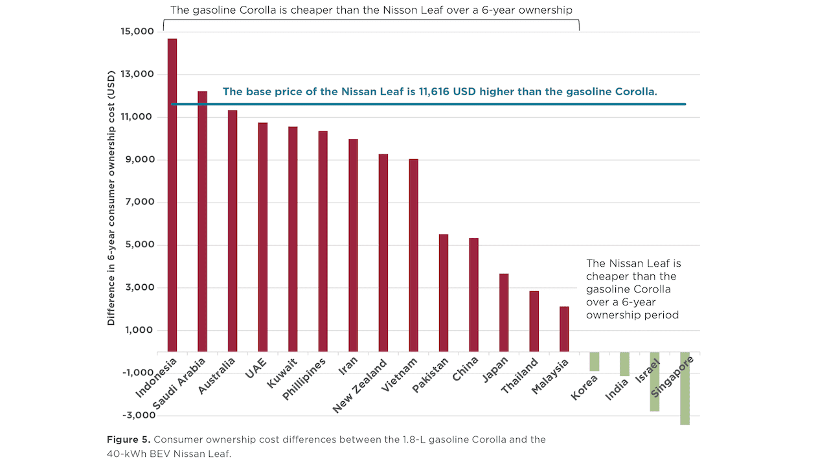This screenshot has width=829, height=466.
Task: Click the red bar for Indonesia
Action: click(172, 195)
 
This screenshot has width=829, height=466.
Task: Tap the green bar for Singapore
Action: click(685, 388)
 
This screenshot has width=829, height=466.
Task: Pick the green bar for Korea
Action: click(594, 362)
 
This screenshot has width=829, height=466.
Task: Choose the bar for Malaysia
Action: click(564, 329)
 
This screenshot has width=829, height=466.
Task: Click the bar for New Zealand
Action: click(383, 253)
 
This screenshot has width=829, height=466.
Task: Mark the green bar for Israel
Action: click(654, 382)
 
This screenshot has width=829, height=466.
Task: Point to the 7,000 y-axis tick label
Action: click(138, 203)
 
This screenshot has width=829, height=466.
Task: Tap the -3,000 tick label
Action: click(136, 415)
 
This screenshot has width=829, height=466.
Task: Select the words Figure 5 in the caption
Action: click(128, 439)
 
